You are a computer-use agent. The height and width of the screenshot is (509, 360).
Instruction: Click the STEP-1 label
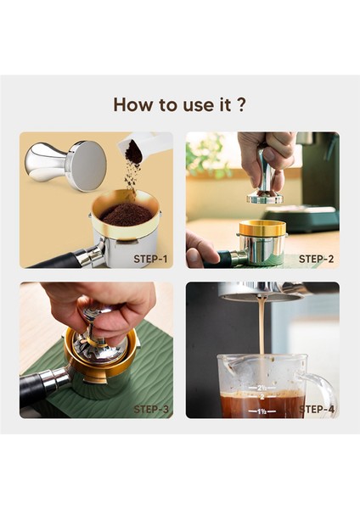coord(151,259)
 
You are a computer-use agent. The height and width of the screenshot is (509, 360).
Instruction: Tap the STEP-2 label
coord(316,259)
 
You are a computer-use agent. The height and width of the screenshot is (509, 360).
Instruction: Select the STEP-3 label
coord(151,410)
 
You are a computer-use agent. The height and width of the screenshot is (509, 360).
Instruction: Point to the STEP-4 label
coord(317,410)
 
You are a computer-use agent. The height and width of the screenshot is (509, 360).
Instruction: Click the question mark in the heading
coord(241,104)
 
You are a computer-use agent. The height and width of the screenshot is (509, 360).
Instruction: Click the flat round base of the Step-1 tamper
coord(88,165)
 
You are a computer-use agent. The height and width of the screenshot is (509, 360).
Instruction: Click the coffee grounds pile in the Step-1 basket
coord(126,215)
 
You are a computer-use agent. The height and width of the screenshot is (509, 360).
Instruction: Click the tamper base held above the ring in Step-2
coord(265,198)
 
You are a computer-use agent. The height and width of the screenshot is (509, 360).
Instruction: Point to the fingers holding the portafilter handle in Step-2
coord(200,249)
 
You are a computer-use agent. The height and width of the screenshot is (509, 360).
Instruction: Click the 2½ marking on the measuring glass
coord(262,388)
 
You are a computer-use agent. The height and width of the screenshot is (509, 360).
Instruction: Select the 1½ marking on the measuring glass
coord(262,411)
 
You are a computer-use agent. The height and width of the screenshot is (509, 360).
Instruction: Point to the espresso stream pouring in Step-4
coord(261,327)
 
